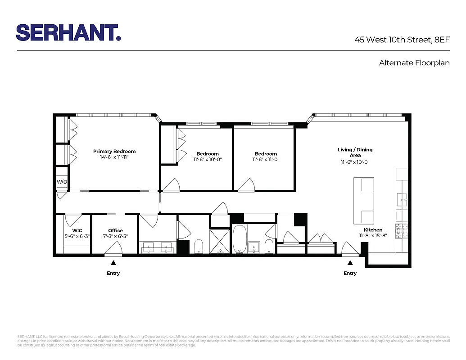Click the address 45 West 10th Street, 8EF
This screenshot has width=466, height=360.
pos(402,40)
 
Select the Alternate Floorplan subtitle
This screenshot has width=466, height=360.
pos(414,63)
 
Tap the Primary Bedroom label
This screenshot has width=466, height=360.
pos(114,151)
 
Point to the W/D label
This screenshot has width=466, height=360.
pos(61,182)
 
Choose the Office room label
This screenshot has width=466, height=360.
pos(115,230)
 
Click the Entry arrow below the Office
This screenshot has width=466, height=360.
pos(113,262)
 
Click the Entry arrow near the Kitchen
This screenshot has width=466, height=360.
pos(350,262)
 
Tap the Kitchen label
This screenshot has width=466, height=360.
pos(373,230)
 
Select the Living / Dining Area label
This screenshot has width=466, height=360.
pos(355,152)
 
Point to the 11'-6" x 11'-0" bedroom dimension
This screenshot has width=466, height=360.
pos(266,159)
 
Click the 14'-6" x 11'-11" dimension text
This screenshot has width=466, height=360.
pos(114,157)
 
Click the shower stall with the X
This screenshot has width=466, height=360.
pos(220,242)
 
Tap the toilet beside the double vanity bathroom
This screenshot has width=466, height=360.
pos(199,246)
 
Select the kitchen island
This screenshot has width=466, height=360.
pos(364,201)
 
